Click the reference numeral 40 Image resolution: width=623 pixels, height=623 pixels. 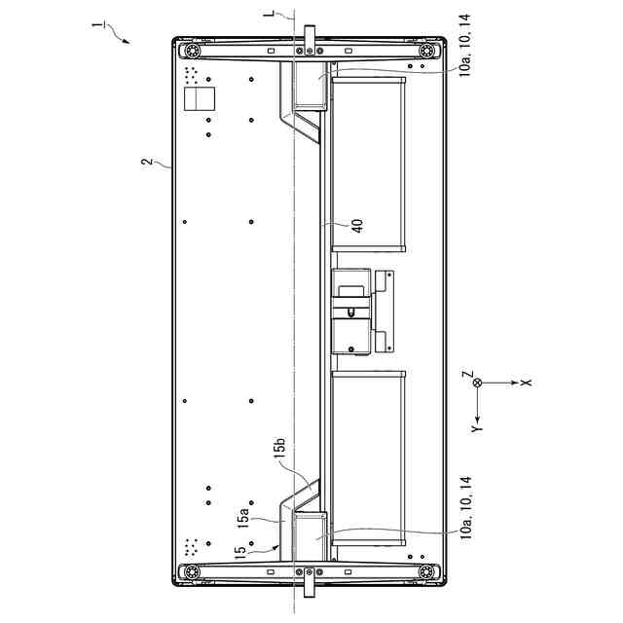(x=357, y=226)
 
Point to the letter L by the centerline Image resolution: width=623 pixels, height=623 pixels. (x=270, y=13)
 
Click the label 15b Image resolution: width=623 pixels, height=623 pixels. (x=279, y=448)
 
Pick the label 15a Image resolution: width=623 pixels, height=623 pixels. (x=242, y=518)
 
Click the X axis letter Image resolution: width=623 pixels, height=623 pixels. (x=526, y=383)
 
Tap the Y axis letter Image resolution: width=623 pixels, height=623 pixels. (x=477, y=428)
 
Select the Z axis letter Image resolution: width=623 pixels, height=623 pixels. (x=469, y=374)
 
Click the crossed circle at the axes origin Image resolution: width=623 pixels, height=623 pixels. (x=477, y=383)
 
